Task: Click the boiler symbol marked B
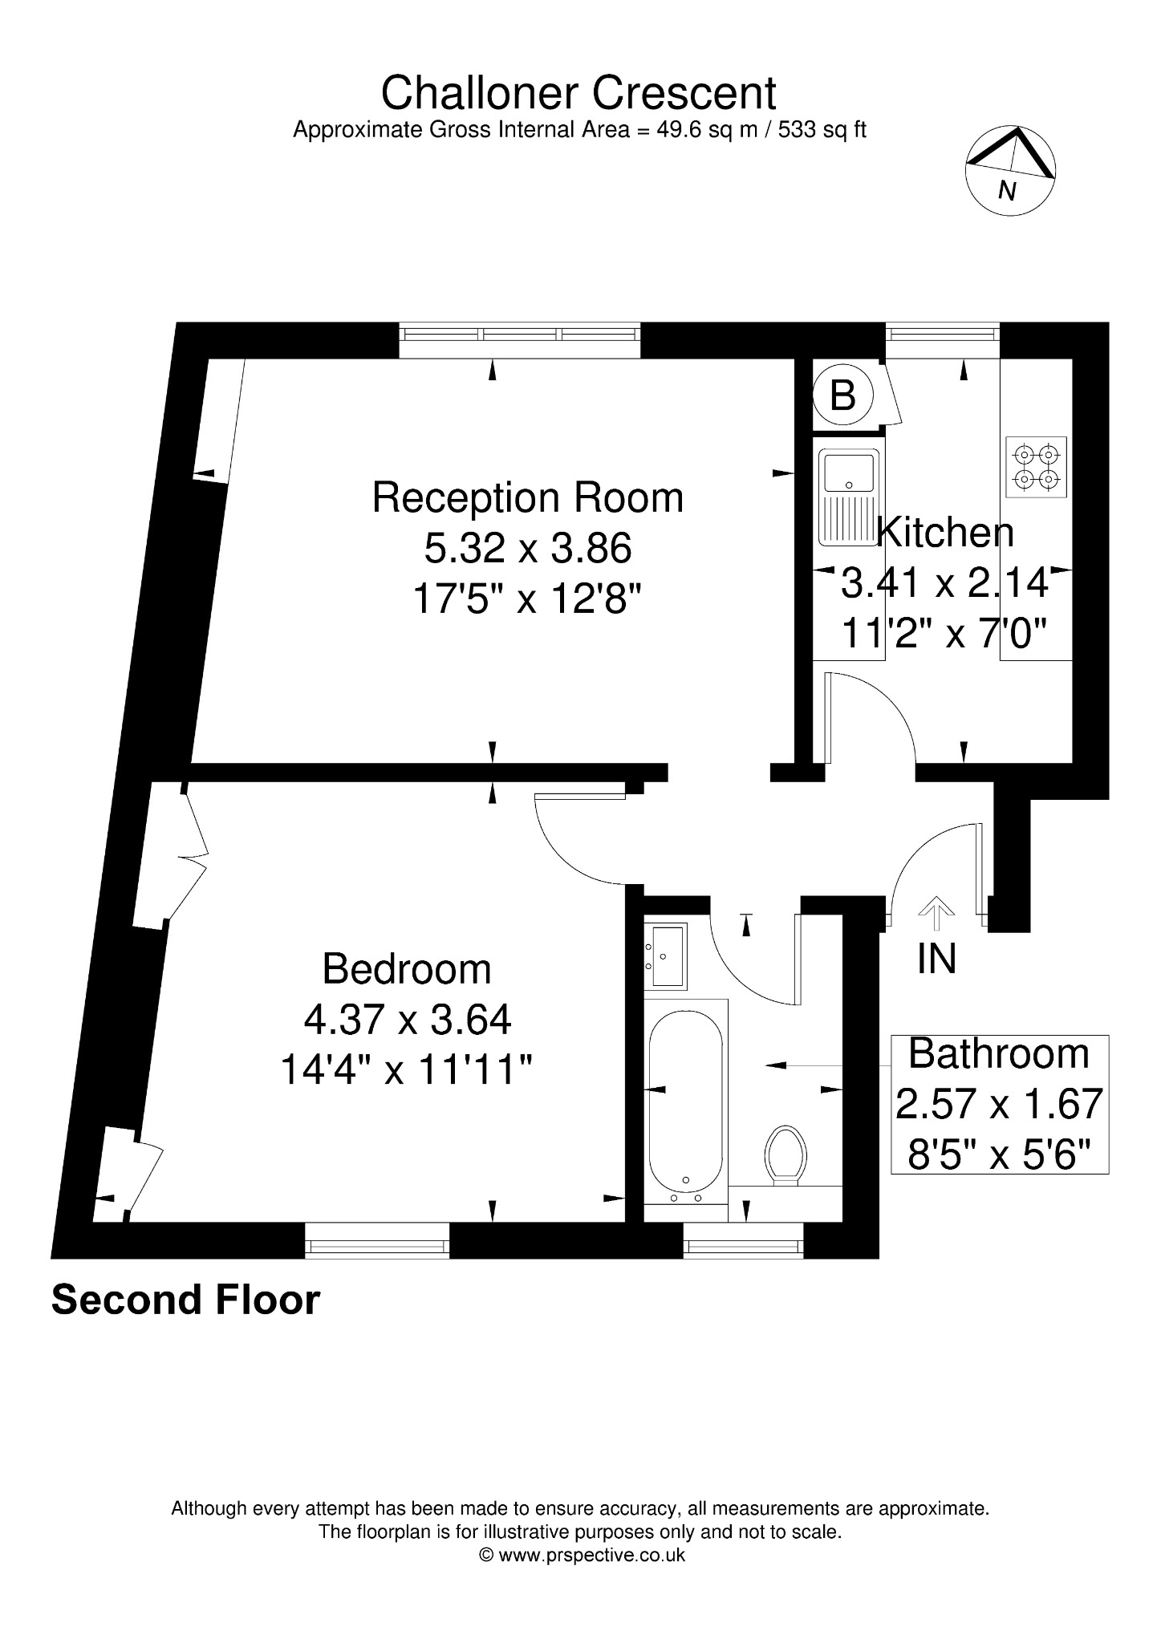point(842,396)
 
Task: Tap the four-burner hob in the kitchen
point(1036,467)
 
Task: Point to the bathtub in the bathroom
point(686,1102)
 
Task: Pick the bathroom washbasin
point(666,955)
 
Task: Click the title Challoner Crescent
point(578,93)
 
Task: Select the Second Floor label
point(185,1300)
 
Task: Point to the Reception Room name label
point(528,497)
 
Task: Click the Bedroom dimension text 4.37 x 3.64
point(408,1020)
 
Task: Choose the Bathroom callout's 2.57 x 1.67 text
point(1000,1105)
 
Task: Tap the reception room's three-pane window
point(520,340)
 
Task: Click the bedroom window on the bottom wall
point(377,1241)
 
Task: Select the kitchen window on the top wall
point(943,340)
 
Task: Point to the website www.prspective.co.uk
point(592,1555)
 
